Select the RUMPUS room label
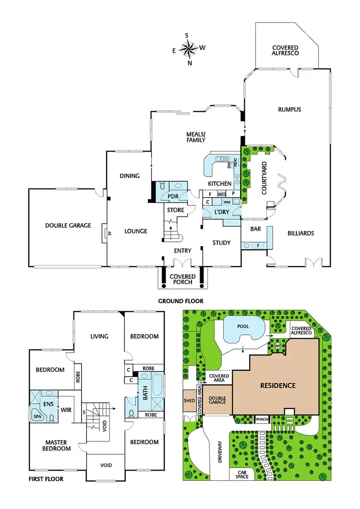pyautogui.click(x=289, y=109)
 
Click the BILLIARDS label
pyautogui.click(x=300, y=233)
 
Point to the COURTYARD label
pyautogui.click(x=264, y=178)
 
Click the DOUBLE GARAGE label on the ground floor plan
pyautogui.click(x=68, y=225)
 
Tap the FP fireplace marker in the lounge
pyautogui.click(x=109, y=233)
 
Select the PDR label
pyautogui.click(x=173, y=196)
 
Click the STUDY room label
pyautogui.click(x=221, y=243)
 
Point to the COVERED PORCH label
pyautogui.click(x=182, y=279)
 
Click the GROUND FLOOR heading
pyautogui.click(x=180, y=301)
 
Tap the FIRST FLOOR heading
pyautogui.click(x=46, y=479)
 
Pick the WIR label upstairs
pyautogui.click(x=66, y=410)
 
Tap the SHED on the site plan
pyautogui.click(x=189, y=400)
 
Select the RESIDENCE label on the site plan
pyautogui.click(x=277, y=385)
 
